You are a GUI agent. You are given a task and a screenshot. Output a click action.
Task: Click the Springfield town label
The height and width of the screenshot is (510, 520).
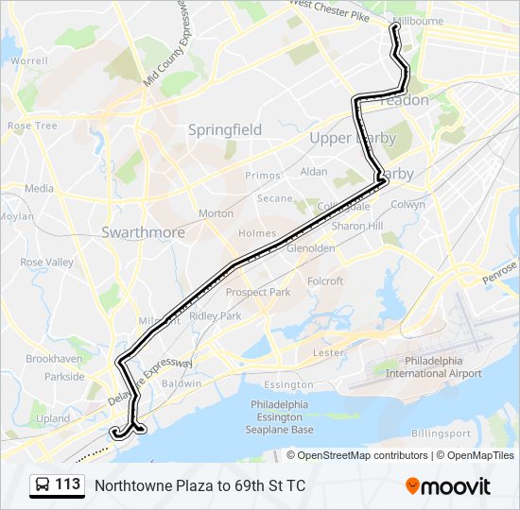224,129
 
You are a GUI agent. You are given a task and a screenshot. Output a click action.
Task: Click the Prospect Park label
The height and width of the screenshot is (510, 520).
258,292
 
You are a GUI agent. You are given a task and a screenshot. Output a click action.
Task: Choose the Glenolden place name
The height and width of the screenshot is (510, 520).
310,248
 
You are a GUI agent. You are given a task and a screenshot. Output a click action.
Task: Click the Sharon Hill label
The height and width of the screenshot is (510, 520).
356,227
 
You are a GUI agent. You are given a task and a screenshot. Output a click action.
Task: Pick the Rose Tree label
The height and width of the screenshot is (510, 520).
32,126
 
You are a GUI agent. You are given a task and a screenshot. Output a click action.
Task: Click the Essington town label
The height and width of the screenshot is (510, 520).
288,384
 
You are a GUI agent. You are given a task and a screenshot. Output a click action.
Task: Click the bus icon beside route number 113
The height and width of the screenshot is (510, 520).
42,485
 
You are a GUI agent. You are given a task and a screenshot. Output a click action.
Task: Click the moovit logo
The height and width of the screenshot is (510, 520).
448,486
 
